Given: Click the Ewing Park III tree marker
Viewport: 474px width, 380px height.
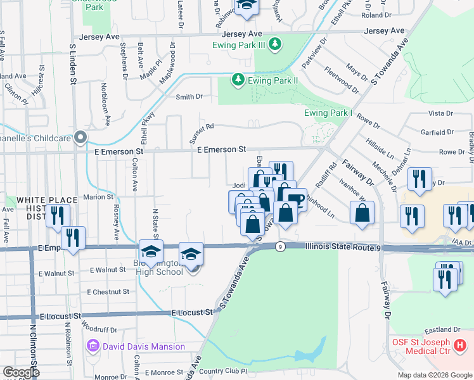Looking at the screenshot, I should tap(275, 44).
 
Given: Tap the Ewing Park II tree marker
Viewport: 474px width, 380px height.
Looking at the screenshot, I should tap(238, 80).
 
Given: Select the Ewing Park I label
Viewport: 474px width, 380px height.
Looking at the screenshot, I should tap(328, 113).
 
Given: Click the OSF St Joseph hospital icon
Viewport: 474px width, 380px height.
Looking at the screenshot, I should tap(461, 346).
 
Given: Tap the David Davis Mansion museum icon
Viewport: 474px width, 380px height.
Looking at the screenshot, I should tap(94, 346).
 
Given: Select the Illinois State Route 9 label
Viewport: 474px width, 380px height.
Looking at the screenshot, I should tap(342, 247).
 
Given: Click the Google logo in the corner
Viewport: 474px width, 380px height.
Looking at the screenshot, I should tap(20, 372).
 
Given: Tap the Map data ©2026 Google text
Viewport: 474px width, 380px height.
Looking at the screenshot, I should tap(434, 375).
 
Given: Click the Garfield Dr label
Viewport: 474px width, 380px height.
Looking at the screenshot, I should tap(437, 133).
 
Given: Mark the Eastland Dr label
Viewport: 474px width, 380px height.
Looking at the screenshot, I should tap(443, 330).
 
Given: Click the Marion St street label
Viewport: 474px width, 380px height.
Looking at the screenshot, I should tap(98, 197).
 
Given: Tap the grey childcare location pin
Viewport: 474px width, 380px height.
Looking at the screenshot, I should tap(80, 137).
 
